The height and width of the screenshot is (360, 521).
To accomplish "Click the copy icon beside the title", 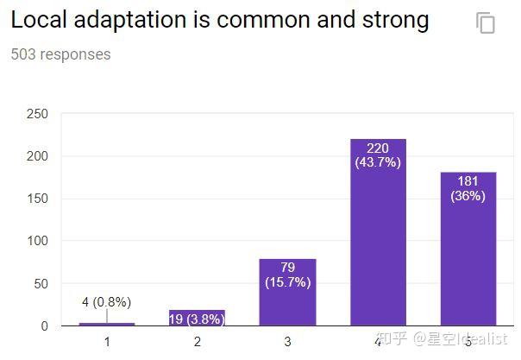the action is click(486, 22).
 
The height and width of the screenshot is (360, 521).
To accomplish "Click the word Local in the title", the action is click(39, 20).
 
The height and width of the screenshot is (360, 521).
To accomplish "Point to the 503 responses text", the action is click(60, 54).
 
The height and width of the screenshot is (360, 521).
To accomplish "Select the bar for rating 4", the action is click(378, 232).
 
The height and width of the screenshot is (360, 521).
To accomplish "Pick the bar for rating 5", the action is click(468, 249).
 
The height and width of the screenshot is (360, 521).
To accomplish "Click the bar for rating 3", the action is click(288, 292).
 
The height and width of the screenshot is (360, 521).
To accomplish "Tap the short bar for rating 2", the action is click(197, 318).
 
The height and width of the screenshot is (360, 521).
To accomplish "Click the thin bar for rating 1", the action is click(107, 324).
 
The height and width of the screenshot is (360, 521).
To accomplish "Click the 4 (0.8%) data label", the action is click(107, 302).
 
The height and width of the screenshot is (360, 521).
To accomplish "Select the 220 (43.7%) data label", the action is click(378, 155).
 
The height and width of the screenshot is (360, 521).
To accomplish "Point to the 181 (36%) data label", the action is click(468, 188).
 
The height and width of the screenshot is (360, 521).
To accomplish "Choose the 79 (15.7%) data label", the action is click(288, 275).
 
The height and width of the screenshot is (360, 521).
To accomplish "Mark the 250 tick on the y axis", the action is click(38, 114).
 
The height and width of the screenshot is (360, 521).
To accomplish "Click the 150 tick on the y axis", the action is click(38, 199).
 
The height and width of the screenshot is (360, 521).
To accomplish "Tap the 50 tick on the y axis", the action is click(41, 284).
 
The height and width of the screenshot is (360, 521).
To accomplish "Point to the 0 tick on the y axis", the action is click(45, 326).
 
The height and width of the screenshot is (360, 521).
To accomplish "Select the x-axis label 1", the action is click(107, 342).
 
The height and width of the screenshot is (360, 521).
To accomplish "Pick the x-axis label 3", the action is click(288, 342).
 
